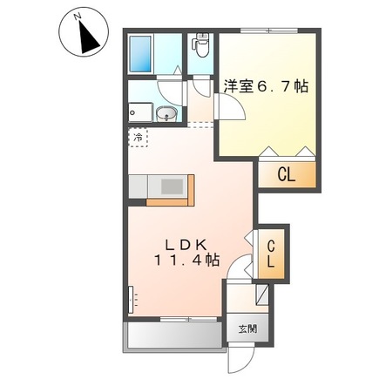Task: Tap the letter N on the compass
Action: click(77, 17)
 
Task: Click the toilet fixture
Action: click(202, 44)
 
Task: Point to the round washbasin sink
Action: click(168, 112)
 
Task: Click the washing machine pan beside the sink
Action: click(139, 111)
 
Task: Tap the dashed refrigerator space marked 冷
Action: click(139, 138)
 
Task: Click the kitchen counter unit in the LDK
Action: click(160, 188)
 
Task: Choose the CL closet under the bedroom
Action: click(286, 174)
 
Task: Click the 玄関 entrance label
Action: click(248, 329)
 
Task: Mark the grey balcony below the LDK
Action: click(170, 336)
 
